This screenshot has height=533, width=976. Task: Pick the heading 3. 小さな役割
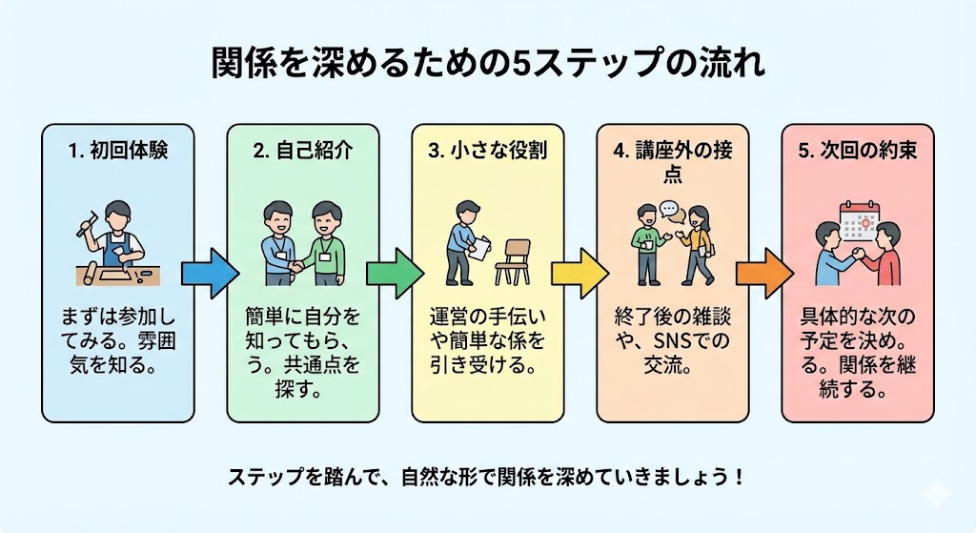[x=487, y=151]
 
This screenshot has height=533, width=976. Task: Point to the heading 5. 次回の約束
[x=857, y=151]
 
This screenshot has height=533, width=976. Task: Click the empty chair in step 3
[x=515, y=259]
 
